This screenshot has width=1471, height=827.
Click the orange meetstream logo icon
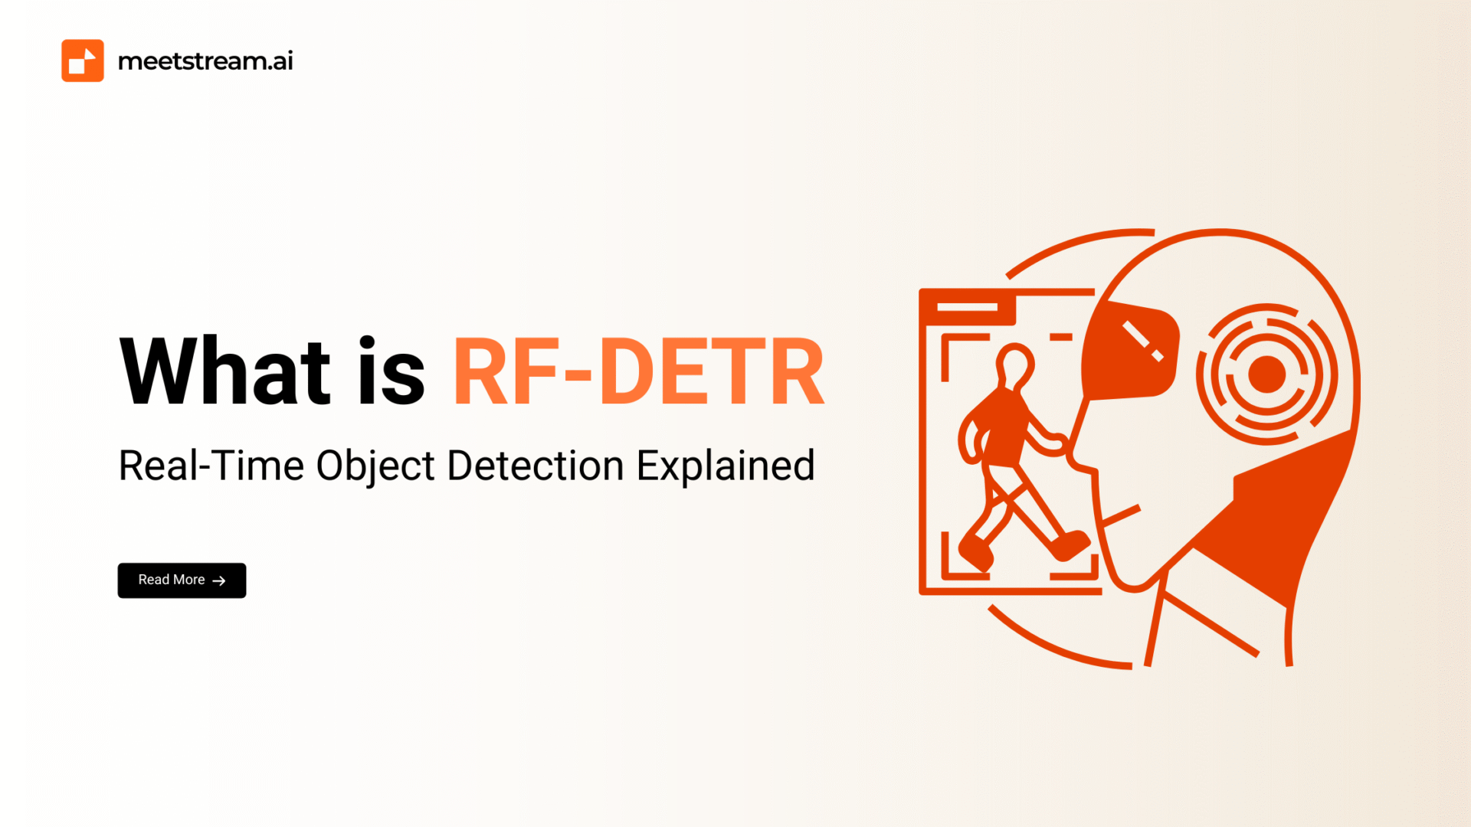[x=83, y=60]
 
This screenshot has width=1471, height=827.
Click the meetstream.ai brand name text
[x=205, y=60]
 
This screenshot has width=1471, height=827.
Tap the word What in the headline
[x=225, y=371]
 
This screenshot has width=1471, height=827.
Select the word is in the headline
[x=392, y=371]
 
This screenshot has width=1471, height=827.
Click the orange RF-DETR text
[x=639, y=371]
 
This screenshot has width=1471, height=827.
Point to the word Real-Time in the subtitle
[x=211, y=466]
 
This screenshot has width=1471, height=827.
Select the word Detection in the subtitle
[x=536, y=466]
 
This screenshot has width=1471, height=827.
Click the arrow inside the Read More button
[x=219, y=581]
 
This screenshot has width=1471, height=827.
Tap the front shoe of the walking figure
[x=1070, y=545]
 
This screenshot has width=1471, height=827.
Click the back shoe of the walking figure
[x=975, y=552]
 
